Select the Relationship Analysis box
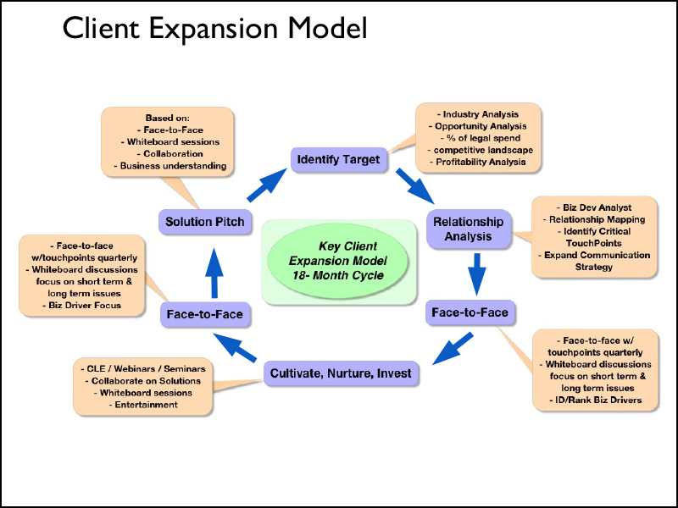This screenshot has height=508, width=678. [469, 229]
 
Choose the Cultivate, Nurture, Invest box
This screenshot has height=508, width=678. [340, 373]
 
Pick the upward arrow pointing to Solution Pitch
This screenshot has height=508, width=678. [213, 269]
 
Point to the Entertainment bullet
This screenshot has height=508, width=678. [143, 405]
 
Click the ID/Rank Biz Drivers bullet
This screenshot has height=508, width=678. [591, 400]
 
